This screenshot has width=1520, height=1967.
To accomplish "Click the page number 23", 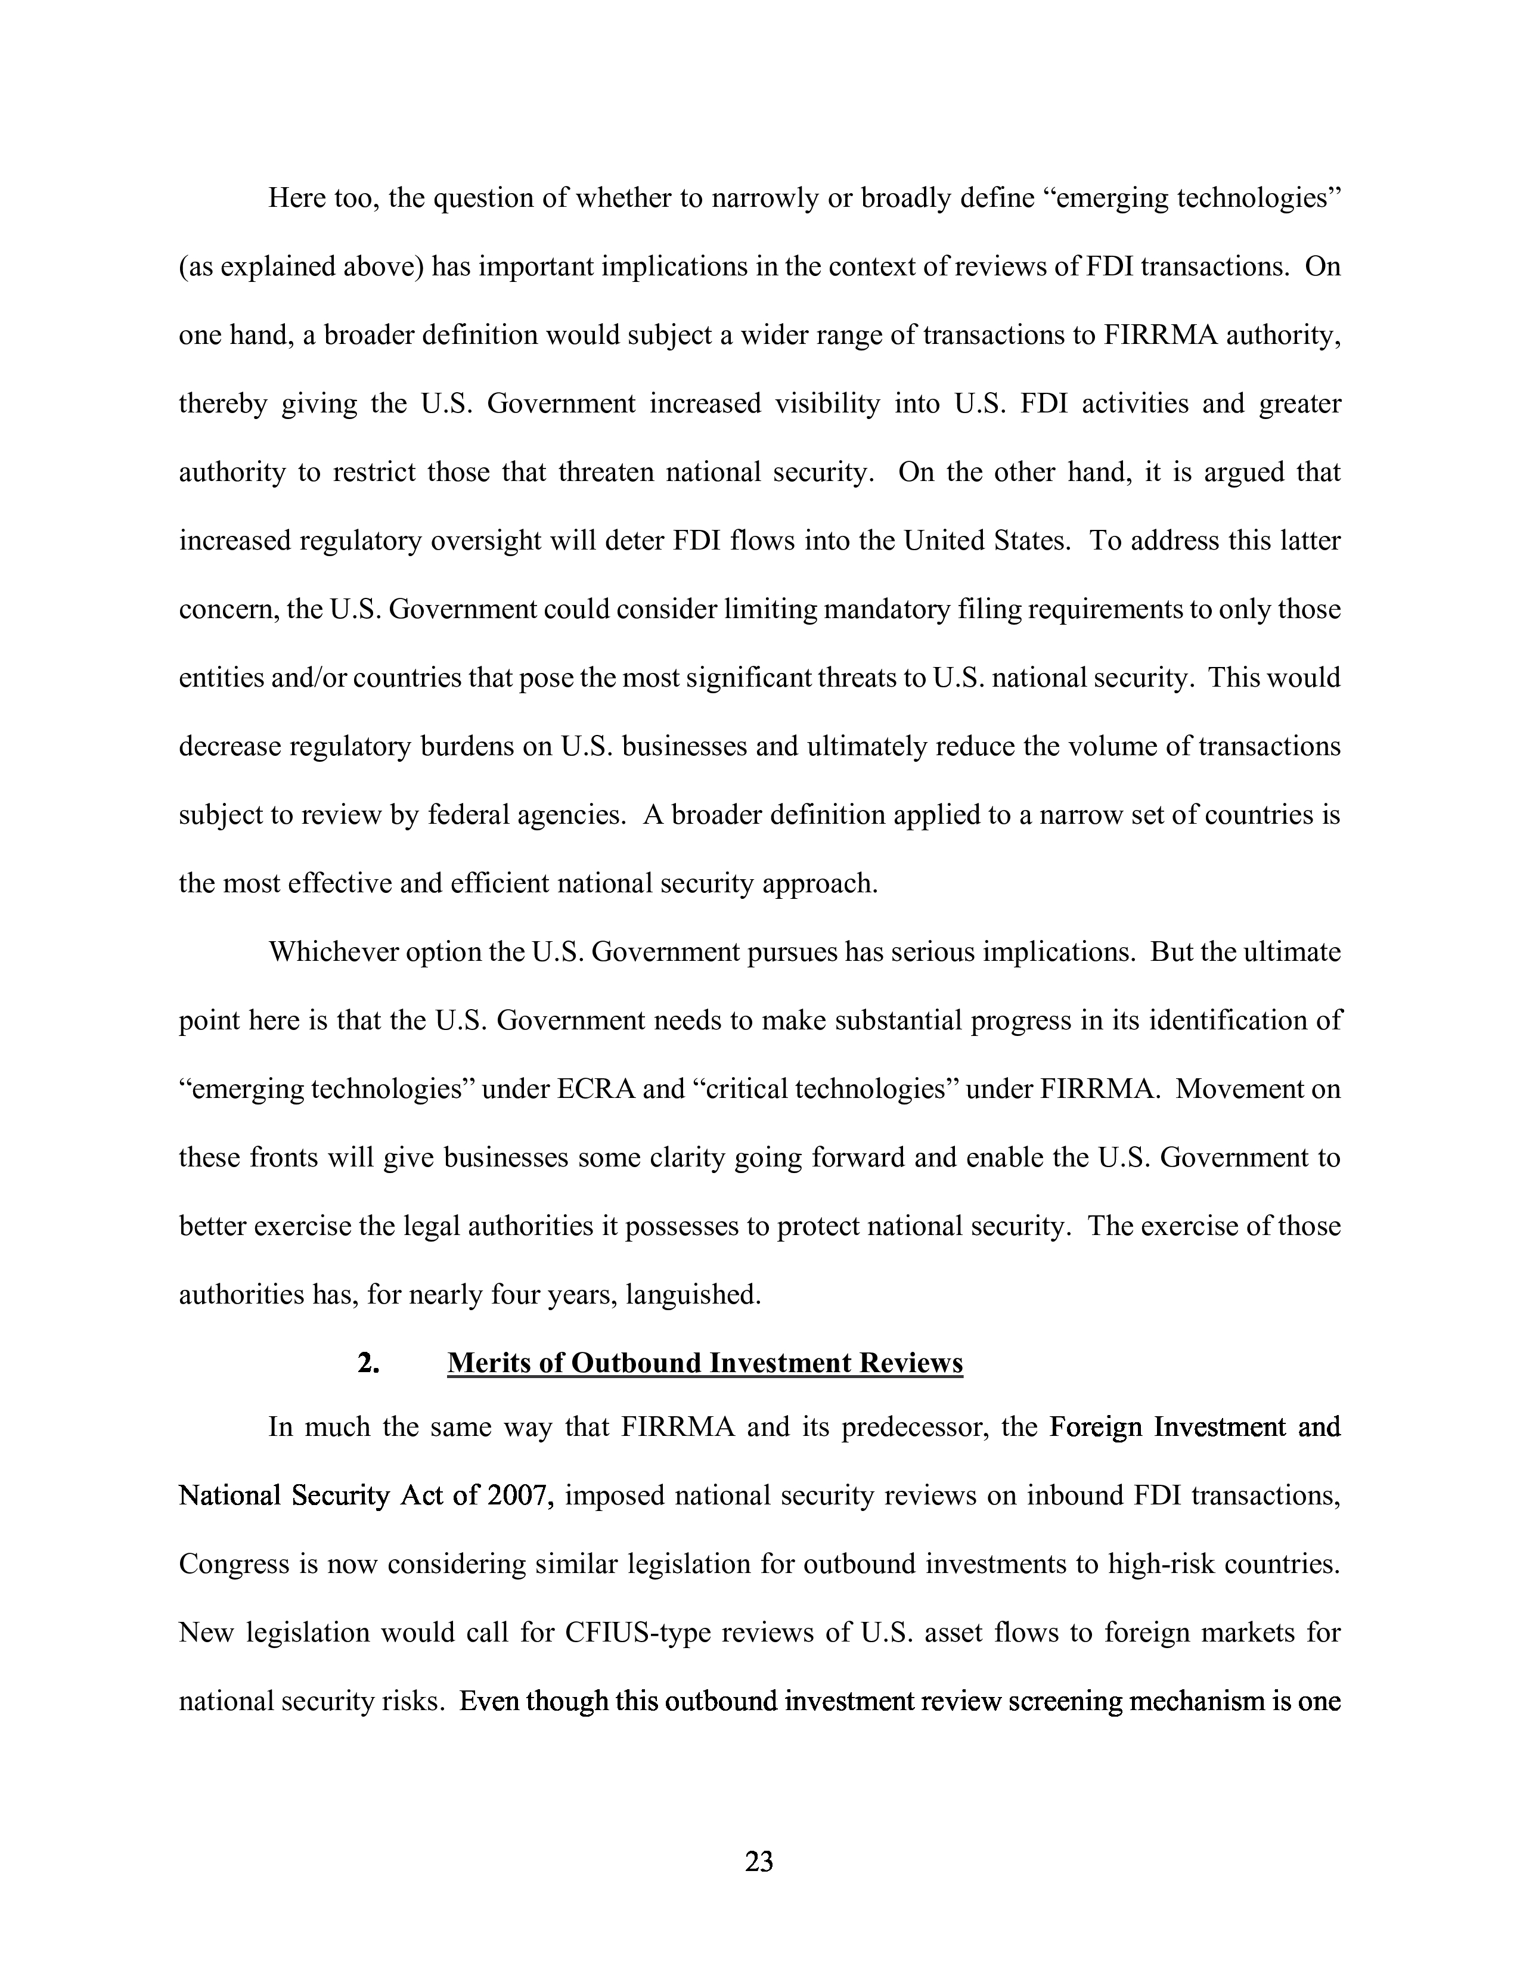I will click(759, 1861).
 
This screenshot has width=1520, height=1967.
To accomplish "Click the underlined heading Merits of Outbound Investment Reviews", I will click(705, 1363).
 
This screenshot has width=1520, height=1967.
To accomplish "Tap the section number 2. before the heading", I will click(367, 1363).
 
